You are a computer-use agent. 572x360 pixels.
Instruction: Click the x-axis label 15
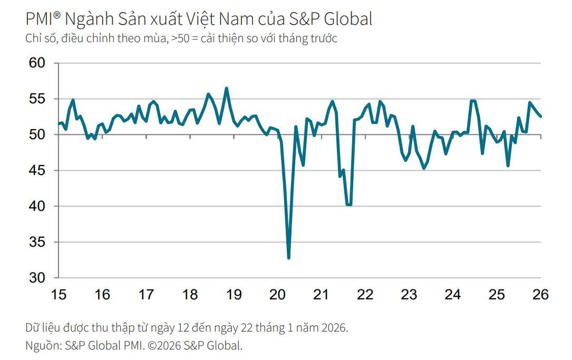(x=59, y=295)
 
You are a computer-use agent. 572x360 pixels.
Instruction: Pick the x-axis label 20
(x=277, y=295)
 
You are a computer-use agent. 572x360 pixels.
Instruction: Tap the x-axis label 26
(x=540, y=295)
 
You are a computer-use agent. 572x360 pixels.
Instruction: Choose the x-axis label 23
(x=409, y=295)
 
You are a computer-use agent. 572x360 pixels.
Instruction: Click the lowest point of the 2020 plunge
(x=288, y=258)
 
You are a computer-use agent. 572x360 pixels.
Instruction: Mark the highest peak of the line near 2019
(x=227, y=89)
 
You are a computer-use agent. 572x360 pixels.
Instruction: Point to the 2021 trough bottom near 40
(x=348, y=205)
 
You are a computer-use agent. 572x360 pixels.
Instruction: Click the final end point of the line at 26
(x=541, y=116)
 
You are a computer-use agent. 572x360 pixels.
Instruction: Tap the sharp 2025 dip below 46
(x=508, y=166)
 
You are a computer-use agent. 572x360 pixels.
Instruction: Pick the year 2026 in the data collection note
(x=334, y=328)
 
